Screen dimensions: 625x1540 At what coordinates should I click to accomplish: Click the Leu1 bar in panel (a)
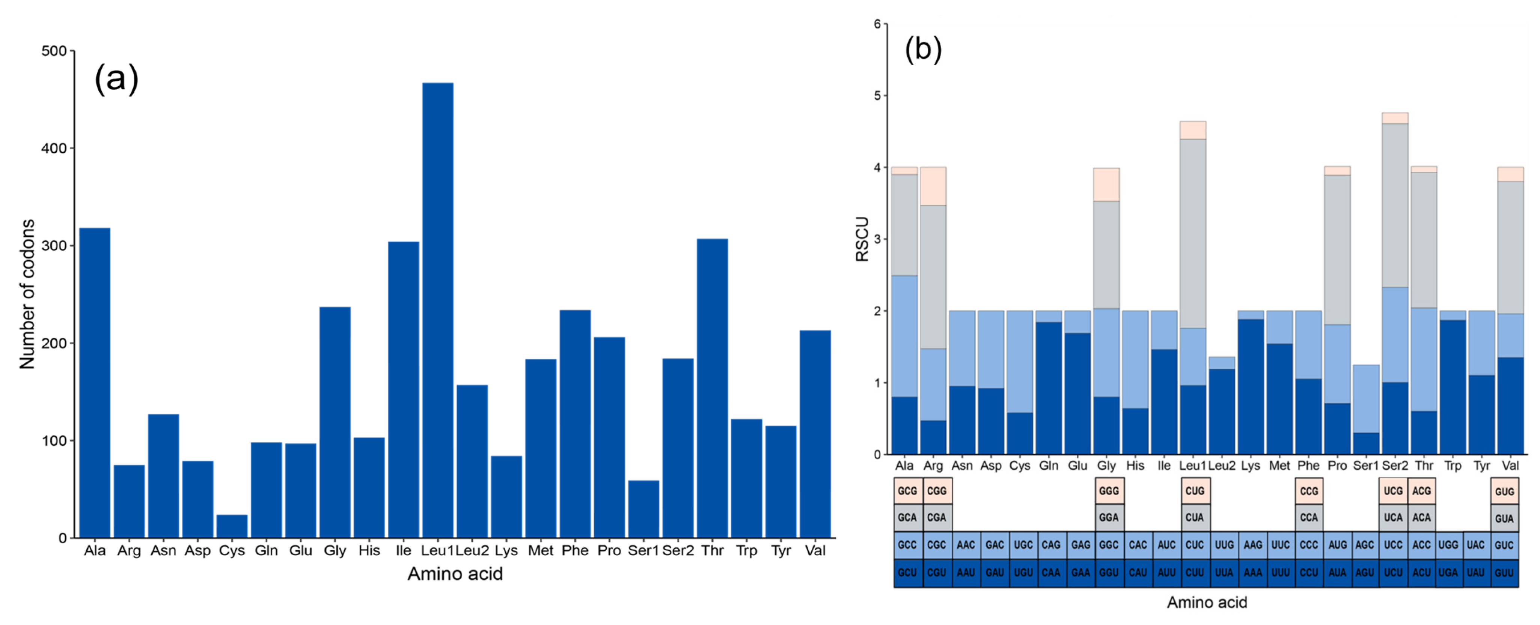tap(438, 310)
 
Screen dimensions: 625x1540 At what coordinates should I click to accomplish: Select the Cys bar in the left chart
tap(232, 526)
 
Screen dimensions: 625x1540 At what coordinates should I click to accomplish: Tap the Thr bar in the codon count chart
tap(712, 388)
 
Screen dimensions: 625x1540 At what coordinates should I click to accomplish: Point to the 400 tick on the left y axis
tap(54, 148)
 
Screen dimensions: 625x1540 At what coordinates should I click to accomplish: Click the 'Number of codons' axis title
tap(27, 294)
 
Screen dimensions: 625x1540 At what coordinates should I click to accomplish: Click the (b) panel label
tap(923, 49)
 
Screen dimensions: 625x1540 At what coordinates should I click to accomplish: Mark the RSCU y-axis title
tap(862, 239)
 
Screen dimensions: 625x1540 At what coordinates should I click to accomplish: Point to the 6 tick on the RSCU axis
tap(877, 24)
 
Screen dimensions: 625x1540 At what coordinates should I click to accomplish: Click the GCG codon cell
tap(907, 491)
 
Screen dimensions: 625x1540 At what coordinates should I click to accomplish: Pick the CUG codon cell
tap(1195, 491)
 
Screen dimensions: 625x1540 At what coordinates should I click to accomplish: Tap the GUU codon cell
tap(1504, 572)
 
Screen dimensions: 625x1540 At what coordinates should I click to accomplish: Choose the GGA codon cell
tap(1109, 517)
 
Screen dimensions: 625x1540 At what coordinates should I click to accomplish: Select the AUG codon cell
tap(1337, 545)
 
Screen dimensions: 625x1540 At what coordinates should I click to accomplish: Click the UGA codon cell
tap(1448, 572)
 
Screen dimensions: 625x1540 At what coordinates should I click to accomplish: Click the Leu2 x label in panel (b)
tap(1221, 466)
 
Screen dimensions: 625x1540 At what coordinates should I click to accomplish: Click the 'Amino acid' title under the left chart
tap(455, 574)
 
